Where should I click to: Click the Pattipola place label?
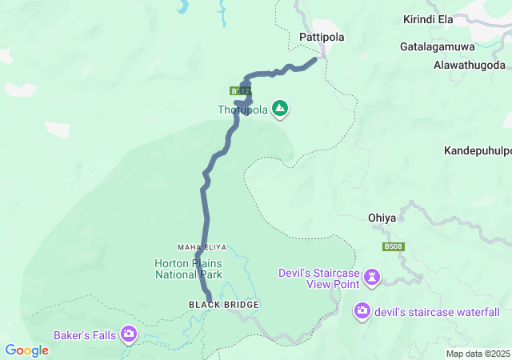coord(319,37)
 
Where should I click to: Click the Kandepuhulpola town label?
coord(478,150)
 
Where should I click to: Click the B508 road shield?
coord(393,247)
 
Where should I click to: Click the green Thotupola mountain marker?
coord(280,108)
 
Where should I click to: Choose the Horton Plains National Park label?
coord(188,269)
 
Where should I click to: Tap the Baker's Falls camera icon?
coord(129,333)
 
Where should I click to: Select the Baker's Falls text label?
coord(86,334)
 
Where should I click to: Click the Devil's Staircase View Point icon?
coord(372,278)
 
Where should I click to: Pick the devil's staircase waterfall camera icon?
coord(362,310)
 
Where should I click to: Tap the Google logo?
coord(27,350)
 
